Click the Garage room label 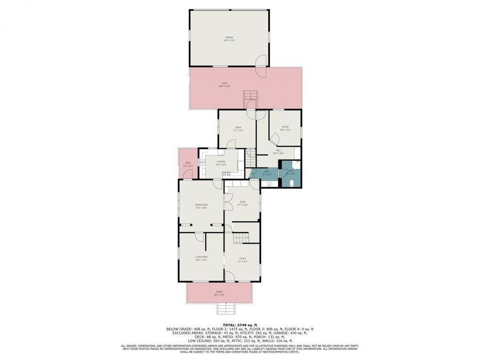click(229, 38)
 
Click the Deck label click(188, 164)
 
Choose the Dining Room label click(201, 206)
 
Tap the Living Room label click(201, 258)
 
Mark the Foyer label click(242, 260)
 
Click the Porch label click(219, 293)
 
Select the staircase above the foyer click(243, 237)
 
